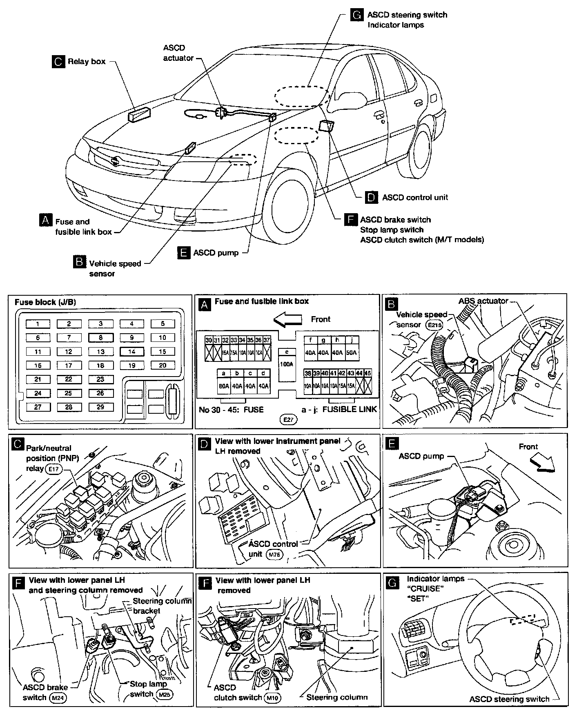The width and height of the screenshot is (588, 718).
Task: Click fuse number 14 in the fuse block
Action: coord(131,352)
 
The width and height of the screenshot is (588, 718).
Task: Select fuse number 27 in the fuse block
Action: coord(38,407)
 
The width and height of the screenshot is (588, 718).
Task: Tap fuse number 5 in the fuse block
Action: coord(163,324)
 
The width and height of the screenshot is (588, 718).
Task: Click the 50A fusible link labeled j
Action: coord(351,352)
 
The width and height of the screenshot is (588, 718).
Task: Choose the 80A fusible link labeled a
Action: coord(223,385)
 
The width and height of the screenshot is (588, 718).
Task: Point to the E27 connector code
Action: coord(288,419)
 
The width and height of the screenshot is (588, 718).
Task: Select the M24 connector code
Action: coord(58,698)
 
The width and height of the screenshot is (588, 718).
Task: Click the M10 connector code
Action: coord(273,698)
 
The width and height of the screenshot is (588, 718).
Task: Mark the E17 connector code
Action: coord(53,469)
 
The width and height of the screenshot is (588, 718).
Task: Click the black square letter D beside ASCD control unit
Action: coord(371,197)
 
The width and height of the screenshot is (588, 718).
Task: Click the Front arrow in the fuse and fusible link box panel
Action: coord(287,319)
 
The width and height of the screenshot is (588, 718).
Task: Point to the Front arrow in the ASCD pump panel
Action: coord(542,463)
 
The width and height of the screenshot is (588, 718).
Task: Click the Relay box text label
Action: coord(87,62)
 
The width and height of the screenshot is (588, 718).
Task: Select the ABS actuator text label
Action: coord(483,301)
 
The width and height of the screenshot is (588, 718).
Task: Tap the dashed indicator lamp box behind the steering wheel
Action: coord(521,620)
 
